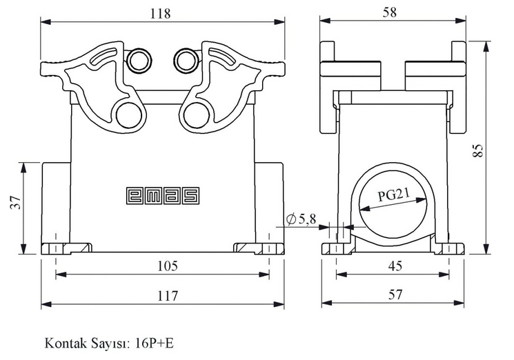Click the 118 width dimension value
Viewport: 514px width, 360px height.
tap(161, 14)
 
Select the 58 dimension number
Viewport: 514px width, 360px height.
tap(389, 12)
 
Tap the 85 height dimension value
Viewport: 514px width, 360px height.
tap(478, 150)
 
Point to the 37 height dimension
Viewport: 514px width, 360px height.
tap(15, 203)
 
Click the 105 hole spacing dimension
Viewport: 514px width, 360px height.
tap(168, 266)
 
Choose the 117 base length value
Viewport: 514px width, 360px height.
tap(168, 296)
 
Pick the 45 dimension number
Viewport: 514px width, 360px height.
tap(395, 266)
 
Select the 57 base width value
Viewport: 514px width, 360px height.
tap(395, 294)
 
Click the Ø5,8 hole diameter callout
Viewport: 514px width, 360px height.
tap(301, 219)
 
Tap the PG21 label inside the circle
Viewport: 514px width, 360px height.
tap(394, 194)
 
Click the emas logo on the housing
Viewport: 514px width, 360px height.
tap(163, 196)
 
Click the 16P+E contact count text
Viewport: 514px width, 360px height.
tap(155, 343)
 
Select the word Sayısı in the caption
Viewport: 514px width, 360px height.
tap(109, 343)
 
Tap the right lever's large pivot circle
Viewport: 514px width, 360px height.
tap(197, 115)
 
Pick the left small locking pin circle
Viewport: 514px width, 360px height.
tap(139, 61)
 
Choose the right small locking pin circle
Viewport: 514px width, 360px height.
tap(186, 61)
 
